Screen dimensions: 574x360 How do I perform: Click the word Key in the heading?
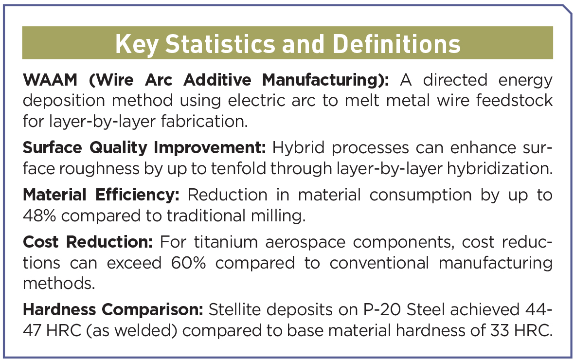click(x=137, y=44)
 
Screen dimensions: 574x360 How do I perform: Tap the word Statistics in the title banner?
click(x=220, y=44)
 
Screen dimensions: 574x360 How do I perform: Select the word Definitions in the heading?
click(x=396, y=44)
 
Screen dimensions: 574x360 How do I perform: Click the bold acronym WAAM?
click(x=50, y=80)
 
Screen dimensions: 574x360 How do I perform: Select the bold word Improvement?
click(x=210, y=148)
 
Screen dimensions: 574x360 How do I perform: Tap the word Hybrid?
click(x=298, y=148)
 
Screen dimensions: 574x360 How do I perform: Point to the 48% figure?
click(x=39, y=216)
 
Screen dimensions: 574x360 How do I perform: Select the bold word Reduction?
click(x=109, y=242)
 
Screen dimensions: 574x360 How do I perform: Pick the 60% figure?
click(x=189, y=263)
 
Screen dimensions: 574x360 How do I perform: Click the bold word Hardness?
click(x=59, y=309)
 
